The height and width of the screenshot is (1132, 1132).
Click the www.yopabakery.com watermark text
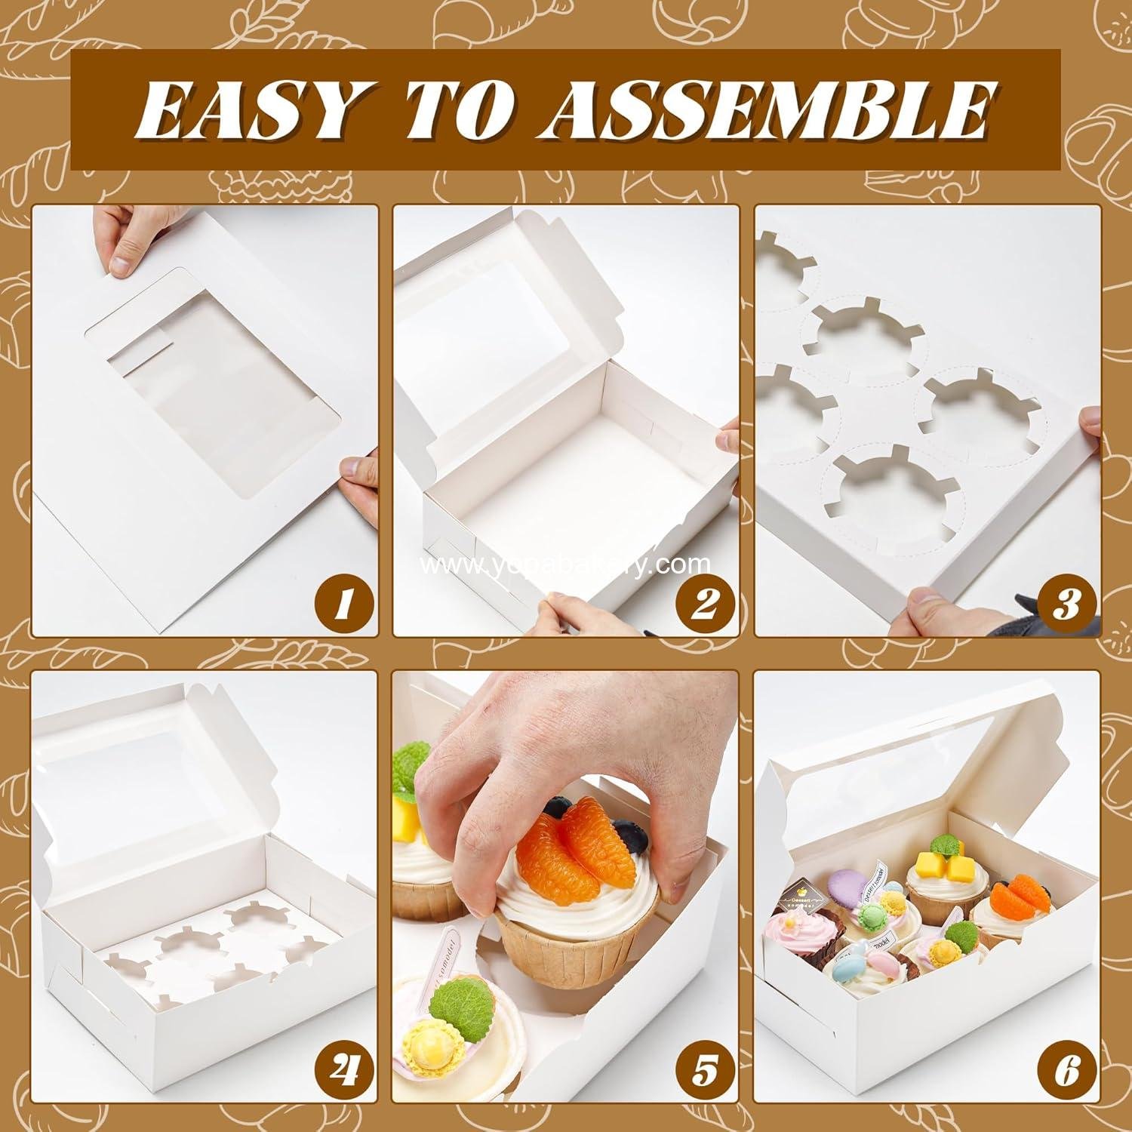point(565,564)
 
